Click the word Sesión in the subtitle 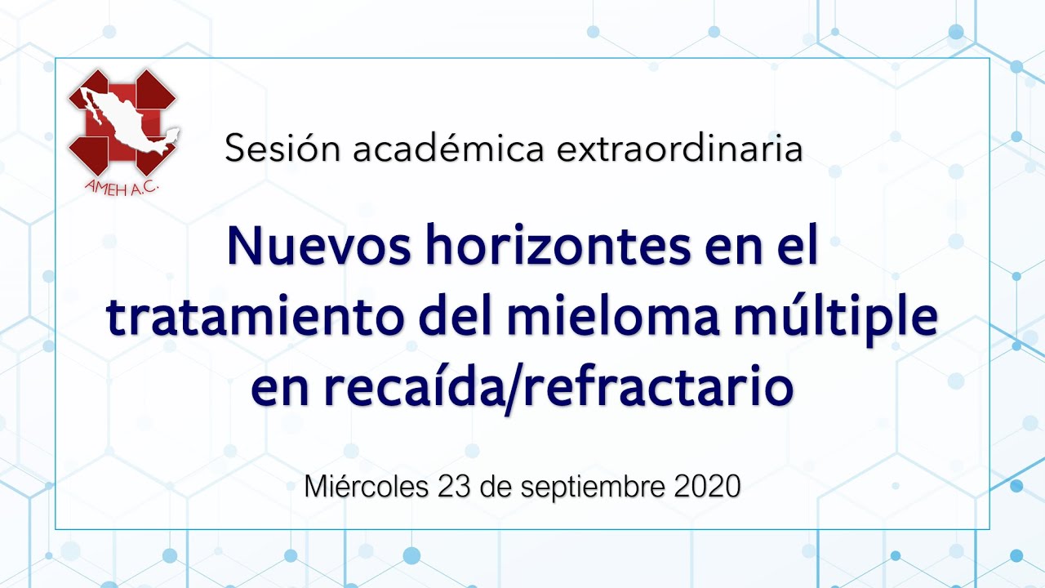coord(282,148)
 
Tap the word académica coord(448,148)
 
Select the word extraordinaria coord(679,148)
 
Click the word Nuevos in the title coord(318,246)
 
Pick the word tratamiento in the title coord(256,315)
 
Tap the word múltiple coord(835,319)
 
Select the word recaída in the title coord(414,385)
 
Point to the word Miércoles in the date coord(367,486)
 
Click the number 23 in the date coord(454,486)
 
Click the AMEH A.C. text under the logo coord(122,188)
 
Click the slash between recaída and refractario coord(514,388)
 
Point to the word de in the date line coord(496,486)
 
